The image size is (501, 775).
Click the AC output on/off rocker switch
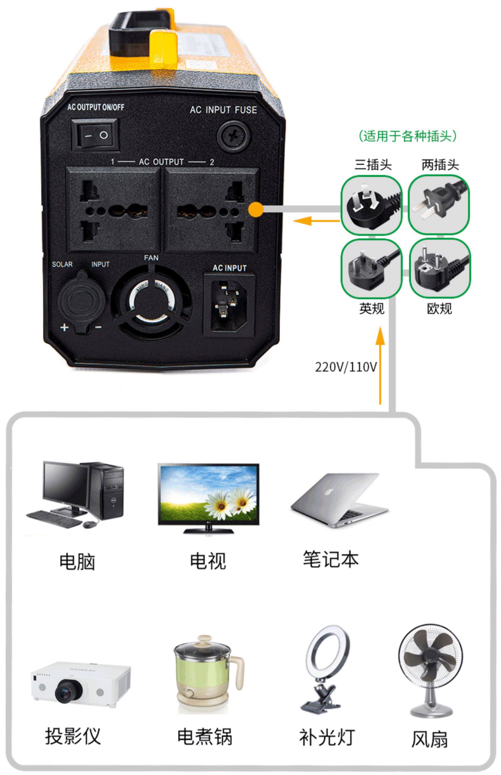95,135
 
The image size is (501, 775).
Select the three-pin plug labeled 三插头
371,205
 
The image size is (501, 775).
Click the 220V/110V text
346,367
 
